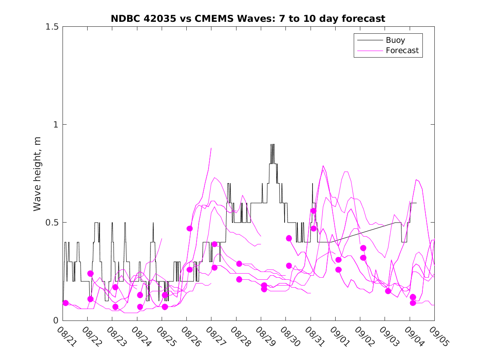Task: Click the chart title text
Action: click(x=248, y=19)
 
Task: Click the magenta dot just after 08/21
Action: click(x=65, y=303)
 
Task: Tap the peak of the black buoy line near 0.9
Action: click(x=272, y=144)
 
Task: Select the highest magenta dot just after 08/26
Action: click(x=190, y=228)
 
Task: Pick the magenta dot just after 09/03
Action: click(x=388, y=291)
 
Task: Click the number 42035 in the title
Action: click(x=158, y=19)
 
